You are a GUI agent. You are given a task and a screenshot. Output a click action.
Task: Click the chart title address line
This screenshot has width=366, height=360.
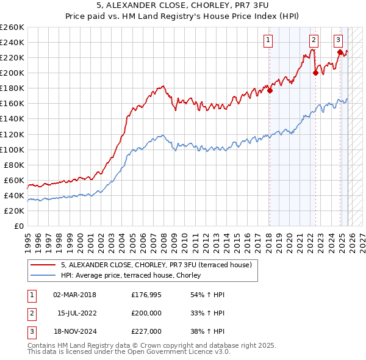pyautogui.click(x=182, y=7)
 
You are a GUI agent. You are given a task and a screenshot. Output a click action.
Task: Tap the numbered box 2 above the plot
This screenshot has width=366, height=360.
pyautogui.click(x=314, y=41)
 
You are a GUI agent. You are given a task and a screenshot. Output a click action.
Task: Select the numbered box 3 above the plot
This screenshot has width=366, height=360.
pyautogui.click(x=338, y=41)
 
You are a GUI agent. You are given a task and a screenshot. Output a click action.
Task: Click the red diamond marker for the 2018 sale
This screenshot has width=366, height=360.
pyautogui.click(x=270, y=91)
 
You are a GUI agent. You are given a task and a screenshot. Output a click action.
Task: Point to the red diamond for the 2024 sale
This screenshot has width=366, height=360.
pyautogui.click(x=340, y=52)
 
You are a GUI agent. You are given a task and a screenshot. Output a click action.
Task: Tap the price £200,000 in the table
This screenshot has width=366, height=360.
pyautogui.click(x=146, y=313)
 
